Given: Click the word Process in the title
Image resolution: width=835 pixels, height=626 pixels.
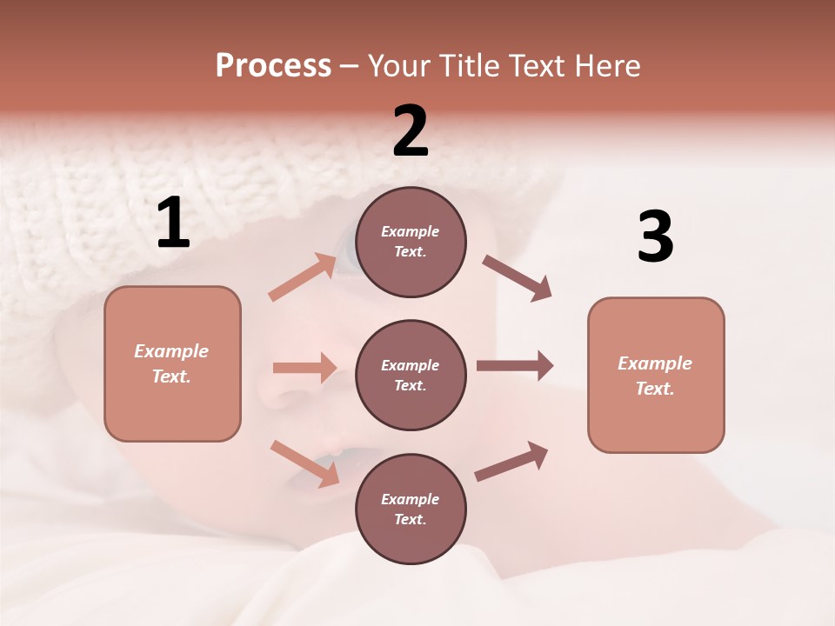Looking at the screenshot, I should (273, 66).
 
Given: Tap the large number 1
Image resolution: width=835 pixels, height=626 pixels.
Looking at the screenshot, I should (173, 223).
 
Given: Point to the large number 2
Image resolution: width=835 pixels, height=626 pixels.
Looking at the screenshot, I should (411, 131).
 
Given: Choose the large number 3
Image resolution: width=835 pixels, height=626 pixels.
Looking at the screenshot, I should (655, 236).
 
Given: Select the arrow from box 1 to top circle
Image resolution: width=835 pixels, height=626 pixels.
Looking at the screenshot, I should (303, 277).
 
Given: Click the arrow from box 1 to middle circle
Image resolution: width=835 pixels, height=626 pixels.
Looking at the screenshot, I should (304, 368).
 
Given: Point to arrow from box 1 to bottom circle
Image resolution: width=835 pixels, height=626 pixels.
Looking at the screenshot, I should (304, 463).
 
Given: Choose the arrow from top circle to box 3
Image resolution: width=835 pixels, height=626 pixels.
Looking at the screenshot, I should (517, 278).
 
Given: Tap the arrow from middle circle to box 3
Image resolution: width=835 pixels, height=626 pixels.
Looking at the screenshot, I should (514, 366).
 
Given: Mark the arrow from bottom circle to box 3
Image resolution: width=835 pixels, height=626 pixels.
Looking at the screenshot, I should (511, 462).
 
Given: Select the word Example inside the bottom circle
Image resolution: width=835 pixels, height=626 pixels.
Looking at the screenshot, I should (410, 499).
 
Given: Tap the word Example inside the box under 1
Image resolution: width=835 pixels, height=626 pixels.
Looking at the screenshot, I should (171, 351).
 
